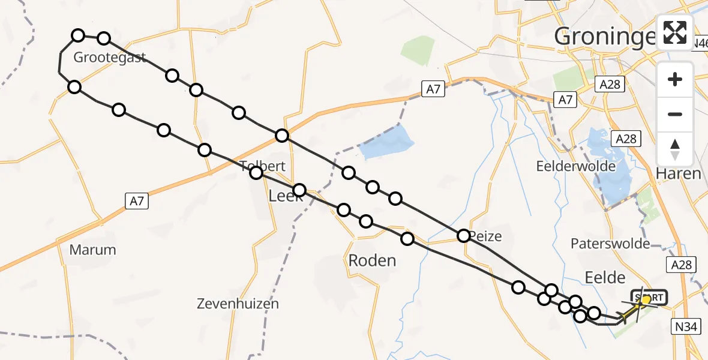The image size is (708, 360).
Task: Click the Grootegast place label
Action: point(110,58)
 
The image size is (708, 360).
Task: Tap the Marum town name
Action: point(92,250)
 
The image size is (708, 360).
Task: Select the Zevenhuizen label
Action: point(238,304)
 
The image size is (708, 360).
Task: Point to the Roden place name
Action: point(372,260)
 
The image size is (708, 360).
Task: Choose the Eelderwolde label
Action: point(577,166)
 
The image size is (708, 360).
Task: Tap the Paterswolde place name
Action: point(610,244)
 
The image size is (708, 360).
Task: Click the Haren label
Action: point(679,174)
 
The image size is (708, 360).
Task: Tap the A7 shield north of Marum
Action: point(137,201)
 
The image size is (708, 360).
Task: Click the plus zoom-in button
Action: point(675,79)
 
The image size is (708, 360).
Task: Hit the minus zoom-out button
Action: point(675,114)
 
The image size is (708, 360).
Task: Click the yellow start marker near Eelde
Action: point(646,299)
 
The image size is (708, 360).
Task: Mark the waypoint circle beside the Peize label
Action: point(464,236)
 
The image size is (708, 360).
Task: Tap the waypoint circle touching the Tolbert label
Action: point(256,173)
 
